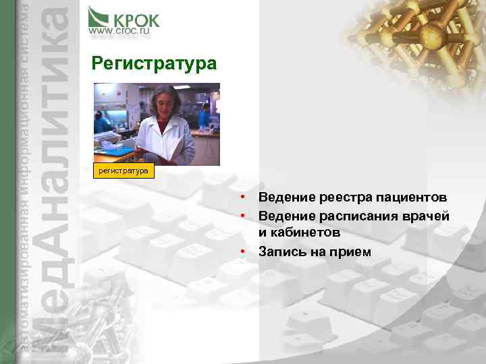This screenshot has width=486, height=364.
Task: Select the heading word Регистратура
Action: (x=154, y=64)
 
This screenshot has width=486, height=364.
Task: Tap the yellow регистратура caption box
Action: (x=124, y=171)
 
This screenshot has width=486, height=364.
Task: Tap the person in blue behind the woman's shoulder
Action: (x=205, y=116)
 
